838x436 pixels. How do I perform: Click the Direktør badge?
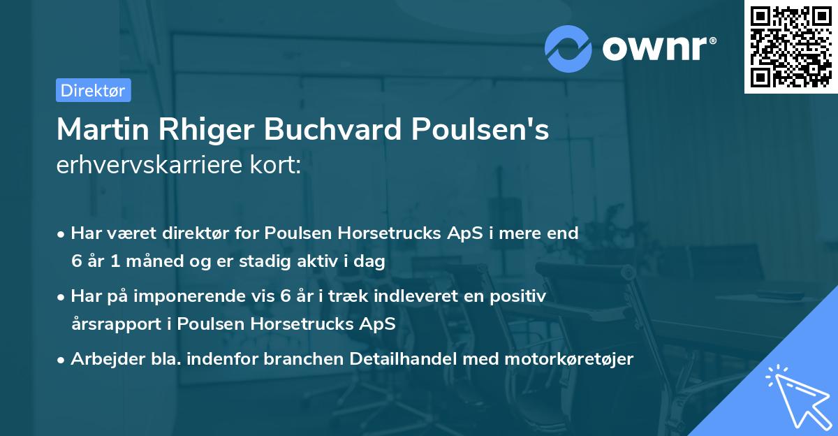pyautogui.click(x=93, y=90)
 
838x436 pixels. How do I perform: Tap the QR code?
pyautogui.click(x=790, y=46)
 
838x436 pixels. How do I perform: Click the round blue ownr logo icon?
pyautogui.click(x=568, y=48)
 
